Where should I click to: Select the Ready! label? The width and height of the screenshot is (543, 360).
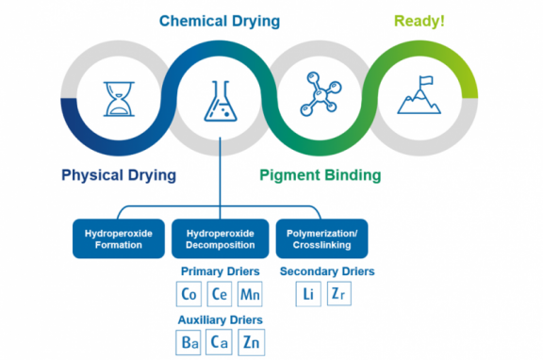click(x=420, y=20)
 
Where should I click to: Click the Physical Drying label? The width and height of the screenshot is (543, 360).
click(x=119, y=174)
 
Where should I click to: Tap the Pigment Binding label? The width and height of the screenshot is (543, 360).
click(x=321, y=174)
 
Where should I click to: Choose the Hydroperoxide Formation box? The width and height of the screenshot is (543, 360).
click(x=119, y=238)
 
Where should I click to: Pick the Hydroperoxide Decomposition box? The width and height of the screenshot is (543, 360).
click(x=220, y=238)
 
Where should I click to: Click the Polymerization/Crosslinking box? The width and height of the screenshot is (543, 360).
click(x=320, y=238)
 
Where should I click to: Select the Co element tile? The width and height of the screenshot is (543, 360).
click(x=189, y=294)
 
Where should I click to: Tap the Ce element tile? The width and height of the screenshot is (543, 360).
click(x=220, y=294)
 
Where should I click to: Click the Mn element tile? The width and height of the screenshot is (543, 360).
click(x=251, y=294)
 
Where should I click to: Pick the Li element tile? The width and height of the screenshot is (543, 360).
click(x=308, y=294)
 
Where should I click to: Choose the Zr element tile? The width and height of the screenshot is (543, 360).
click(x=339, y=294)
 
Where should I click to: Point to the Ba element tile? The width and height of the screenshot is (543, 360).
click(x=189, y=343)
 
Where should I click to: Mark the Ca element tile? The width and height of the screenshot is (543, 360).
click(x=220, y=343)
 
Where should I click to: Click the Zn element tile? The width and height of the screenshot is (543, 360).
click(x=251, y=343)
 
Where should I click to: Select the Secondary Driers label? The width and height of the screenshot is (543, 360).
click(x=327, y=271)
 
